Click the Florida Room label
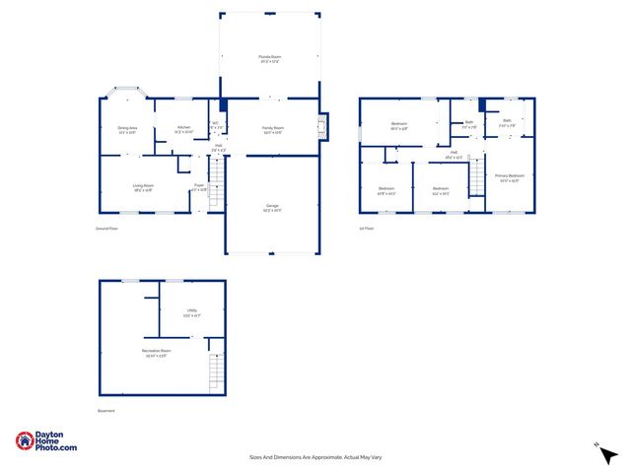pos(270,59)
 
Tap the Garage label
pos(272,207)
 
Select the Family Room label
pos(273,129)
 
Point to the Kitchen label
pos(184,129)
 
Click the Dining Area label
pos(128,129)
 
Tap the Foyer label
pos(199,186)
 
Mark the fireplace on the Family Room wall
pos(322,126)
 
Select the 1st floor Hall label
pos(455,154)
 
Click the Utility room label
pos(192,313)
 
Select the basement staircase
pos(216,372)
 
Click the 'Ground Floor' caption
pos(106,229)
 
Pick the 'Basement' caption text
pos(106,411)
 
